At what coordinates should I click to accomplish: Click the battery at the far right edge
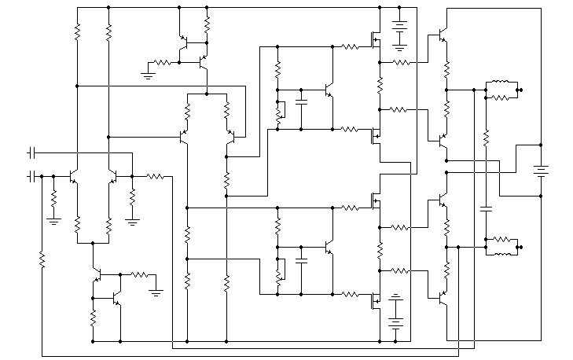(541, 170)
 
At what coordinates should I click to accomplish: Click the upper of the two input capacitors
(32, 149)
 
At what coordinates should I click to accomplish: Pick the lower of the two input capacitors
(32, 176)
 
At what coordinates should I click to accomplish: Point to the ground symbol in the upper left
(147, 74)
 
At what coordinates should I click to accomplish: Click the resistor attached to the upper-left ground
(162, 62)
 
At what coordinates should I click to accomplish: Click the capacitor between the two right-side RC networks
(487, 208)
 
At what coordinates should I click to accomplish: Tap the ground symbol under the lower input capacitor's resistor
(54, 221)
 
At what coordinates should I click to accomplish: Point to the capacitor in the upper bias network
(302, 101)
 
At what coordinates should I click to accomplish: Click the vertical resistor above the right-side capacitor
(487, 137)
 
